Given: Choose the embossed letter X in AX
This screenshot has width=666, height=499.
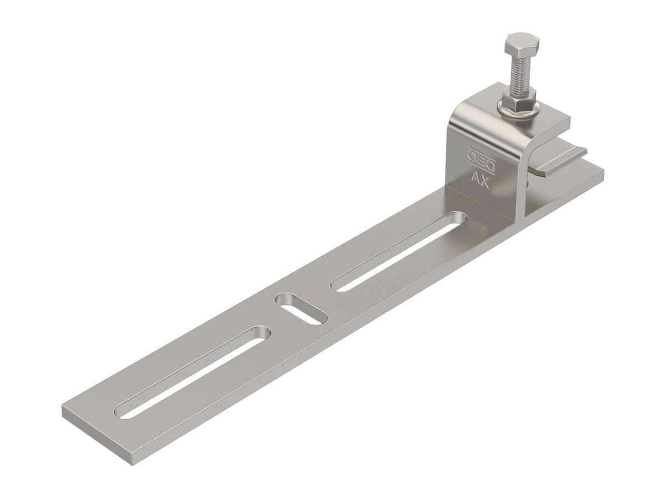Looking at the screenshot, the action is pos(486,182).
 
